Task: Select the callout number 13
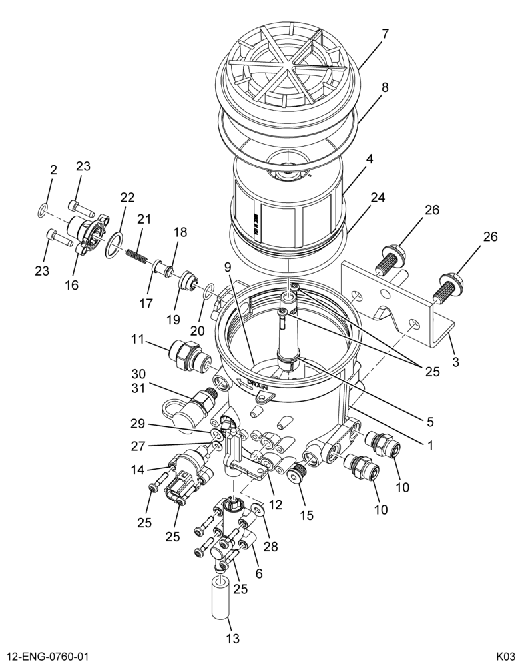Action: tap(233, 639)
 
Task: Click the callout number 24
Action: tap(377, 198)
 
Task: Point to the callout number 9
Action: tap(228, 267)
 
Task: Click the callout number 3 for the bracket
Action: tap(455, 362)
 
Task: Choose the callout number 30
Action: tap(138, 374)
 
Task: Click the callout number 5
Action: tap(430, 422)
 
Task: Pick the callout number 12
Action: tap(276, 505)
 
